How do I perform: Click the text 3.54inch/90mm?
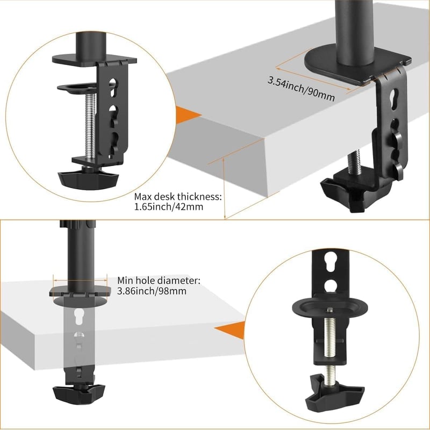click(x=301, y=89)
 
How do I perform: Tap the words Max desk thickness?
click(x=178, y=197)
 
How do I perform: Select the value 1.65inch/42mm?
click(x=169, y=206)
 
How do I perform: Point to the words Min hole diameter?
click(x=159, y=281)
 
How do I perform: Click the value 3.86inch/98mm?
click(x=152, y=291)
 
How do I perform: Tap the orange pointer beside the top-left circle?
click(x=188, y=115)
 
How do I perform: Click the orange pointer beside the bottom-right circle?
click(x=231, y=330)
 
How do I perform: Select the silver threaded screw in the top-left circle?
click(x=91, y=126)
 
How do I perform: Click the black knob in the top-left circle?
click(x=88, y=180)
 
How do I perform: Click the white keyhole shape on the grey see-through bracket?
click(x=79, y=317)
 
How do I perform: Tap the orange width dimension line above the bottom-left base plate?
click(x=80, y=280)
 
